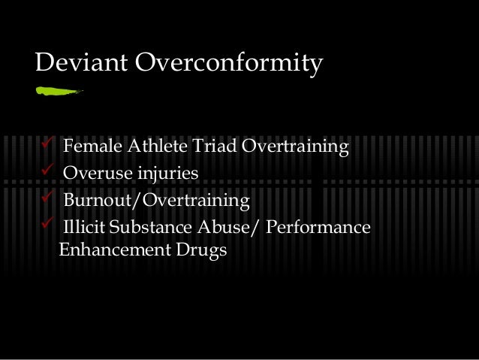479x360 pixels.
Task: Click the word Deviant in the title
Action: [80, 65]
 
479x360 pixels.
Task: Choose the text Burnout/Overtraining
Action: [155, 201]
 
